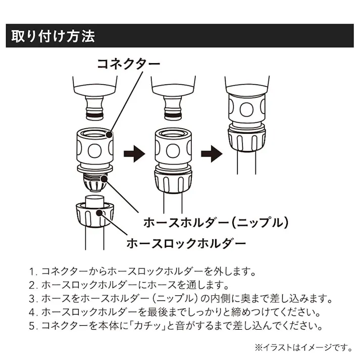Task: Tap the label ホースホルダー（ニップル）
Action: (216, 222)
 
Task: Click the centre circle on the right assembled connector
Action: (247, 110)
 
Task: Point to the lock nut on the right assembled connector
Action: (247, 139)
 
